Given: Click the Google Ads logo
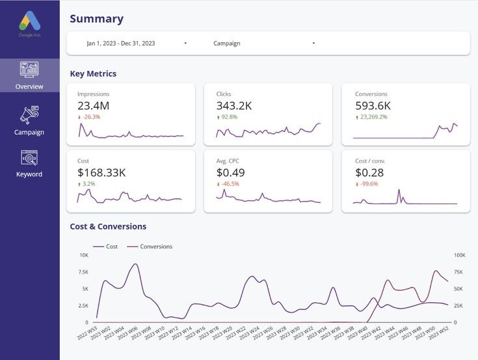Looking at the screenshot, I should (x=29, y=23).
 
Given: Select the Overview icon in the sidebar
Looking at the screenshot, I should (x=29, y=70).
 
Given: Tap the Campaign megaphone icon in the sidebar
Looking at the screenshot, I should (x=29, y=115).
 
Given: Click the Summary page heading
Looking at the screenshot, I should (x=96, y=19).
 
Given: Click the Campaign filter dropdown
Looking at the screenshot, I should (x=263, y=44).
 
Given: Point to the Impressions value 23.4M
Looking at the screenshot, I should (x=93, y=106).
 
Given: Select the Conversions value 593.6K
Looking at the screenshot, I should (x=373, y=106).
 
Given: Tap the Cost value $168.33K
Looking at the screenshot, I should (x=101, y=173).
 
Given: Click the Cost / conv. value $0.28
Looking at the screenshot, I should (x=369, y=173).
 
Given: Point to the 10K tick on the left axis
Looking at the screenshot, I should (x=84, y=255).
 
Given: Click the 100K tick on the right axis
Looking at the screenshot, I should (x=459, y=255).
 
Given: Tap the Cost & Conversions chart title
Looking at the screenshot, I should (x=108, y=227).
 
